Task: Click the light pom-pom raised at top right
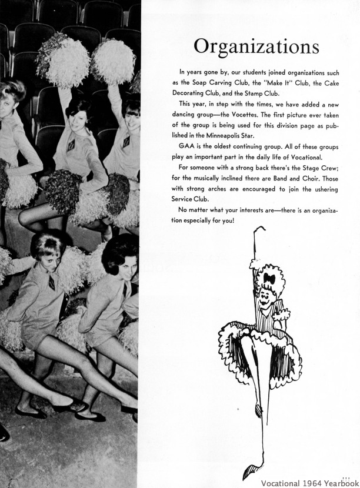tap(114, 61)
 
